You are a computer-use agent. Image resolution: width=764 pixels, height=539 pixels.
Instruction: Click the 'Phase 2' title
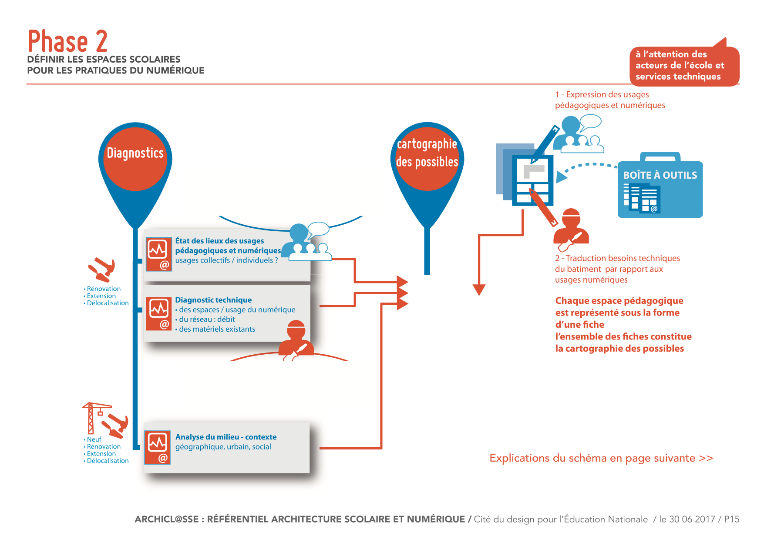click(67, 42)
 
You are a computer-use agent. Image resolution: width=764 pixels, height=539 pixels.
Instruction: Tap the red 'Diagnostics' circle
click(135, 159)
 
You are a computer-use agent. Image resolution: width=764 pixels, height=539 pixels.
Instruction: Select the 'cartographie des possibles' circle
click(427, 159)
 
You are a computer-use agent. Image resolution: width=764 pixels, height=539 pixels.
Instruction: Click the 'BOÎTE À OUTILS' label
click(660, 175)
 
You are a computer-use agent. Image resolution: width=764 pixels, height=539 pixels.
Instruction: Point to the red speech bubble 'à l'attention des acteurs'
click(684, 65)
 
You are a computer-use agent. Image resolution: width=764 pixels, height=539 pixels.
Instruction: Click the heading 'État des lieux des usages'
click(219, 241)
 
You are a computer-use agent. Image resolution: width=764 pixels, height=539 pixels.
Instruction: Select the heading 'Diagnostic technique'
click(213, 300)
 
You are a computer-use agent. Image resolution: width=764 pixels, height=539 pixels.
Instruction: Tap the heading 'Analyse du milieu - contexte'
click(226, 437)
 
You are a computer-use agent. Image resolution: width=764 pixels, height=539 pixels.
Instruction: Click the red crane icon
click(94, 417)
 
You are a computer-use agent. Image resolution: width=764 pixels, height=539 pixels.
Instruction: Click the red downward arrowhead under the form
click(479, 289)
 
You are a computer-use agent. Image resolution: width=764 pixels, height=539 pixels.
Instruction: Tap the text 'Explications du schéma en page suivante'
click(601, 458)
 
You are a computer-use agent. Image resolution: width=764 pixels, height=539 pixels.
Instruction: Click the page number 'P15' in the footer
click(731, 519)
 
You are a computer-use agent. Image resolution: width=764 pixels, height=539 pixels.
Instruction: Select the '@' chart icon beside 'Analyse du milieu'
click(158, 448)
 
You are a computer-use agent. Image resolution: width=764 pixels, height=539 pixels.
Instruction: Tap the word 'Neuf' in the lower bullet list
click(94, 439)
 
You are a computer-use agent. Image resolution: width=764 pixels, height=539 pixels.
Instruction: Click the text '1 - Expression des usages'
click(602, 95)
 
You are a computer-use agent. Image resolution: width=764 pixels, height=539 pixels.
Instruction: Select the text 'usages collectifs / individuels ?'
click(226, 260)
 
